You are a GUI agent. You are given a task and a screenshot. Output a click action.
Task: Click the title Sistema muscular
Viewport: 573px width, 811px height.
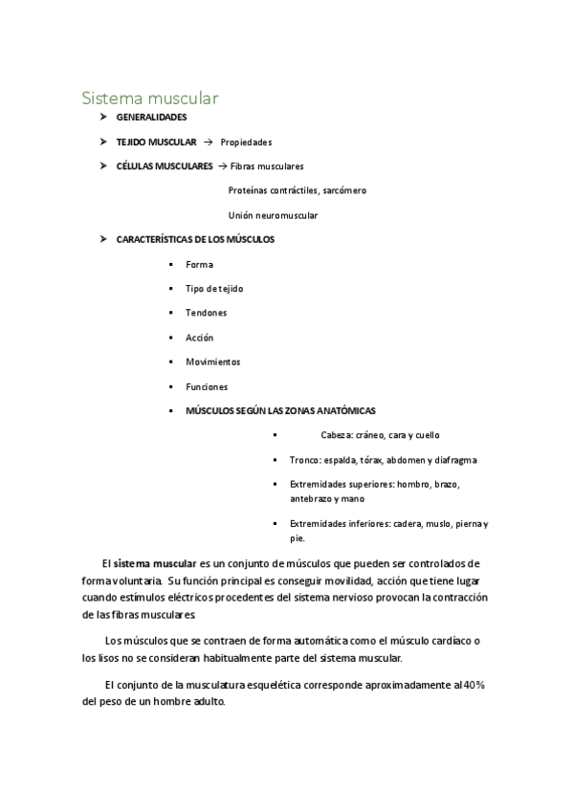(150, 98)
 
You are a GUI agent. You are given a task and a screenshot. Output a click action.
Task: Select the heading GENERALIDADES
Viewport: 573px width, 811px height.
(151, 118)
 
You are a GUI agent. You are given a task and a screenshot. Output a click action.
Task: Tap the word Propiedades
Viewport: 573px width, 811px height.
(246, 142)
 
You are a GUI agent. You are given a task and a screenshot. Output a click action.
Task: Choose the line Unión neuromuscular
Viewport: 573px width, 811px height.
(273, 215)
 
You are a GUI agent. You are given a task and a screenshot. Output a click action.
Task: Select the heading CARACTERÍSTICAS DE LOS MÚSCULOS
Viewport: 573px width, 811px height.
(194, 239)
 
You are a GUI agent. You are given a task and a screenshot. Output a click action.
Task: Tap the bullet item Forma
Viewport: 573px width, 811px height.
(199, 264)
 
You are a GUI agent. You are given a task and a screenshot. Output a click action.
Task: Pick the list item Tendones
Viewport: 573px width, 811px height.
(206, 313)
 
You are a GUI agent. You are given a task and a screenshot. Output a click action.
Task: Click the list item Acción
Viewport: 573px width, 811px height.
(199, 338)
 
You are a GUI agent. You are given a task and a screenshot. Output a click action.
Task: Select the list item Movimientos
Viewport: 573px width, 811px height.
(212, 362)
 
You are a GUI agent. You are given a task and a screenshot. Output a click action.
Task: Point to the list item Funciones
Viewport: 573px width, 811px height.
(207, 387)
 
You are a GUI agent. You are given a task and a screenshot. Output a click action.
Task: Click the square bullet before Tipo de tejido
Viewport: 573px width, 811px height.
(168, 289)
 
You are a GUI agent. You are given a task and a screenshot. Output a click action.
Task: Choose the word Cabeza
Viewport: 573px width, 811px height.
(337, 435)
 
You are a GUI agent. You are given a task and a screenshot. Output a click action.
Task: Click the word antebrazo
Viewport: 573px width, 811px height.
(313, 498)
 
